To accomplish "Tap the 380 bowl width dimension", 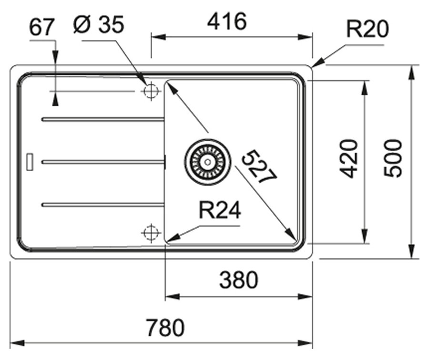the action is [239, 280].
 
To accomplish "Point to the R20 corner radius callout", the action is [367, 29].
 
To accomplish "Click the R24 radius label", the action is [220, 210].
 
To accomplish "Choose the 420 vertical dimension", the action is [348, 159].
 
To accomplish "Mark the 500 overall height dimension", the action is [393, 158].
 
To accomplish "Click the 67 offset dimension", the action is [41, 27].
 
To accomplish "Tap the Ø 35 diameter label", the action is [99, 24].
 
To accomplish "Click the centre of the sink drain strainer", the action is [208, 162].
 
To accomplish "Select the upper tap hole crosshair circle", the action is [151, 91].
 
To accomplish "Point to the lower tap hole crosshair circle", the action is [151, 233].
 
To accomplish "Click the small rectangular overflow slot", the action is [30, 162].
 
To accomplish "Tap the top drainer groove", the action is [102, 119].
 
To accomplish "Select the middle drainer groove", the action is [103, 162].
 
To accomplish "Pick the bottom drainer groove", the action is [102, 205].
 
